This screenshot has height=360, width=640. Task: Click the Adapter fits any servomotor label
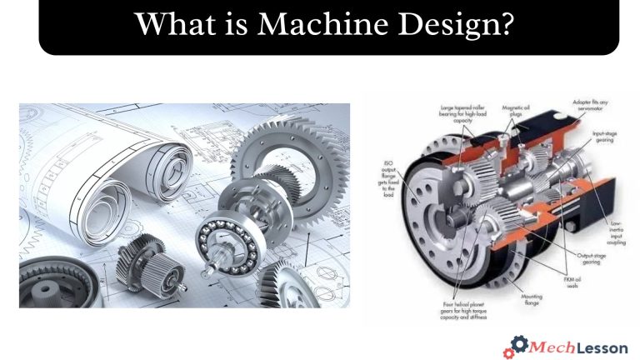click(592, 106)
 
